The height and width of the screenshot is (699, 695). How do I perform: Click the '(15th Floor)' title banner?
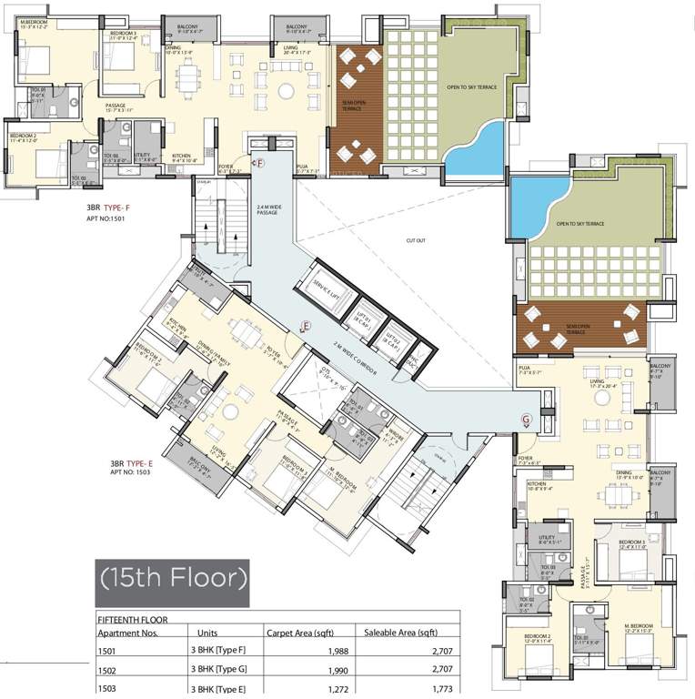pyautogui.click(x=172, y=577)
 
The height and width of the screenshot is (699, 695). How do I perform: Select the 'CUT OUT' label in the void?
pyautogui.click(x=416, y=240)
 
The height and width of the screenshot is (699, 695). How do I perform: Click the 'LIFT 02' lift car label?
pyautogui.click(x=392, y=341)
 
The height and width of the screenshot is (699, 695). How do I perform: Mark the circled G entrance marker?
pyautogui.click(x=525, y=419)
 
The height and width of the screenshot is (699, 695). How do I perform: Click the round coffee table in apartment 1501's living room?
pyautogui.click(x=286, y=90)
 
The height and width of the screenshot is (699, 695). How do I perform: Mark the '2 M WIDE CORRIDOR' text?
pyautogui.click(x=365, y=360)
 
